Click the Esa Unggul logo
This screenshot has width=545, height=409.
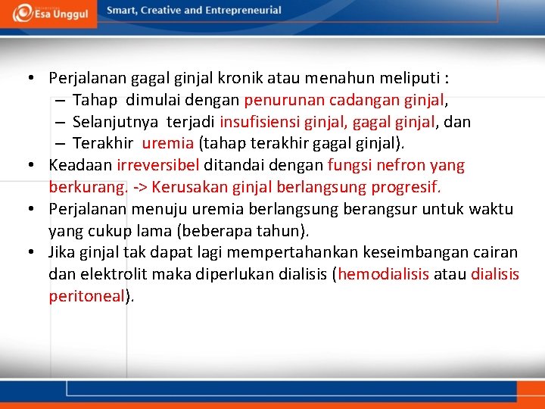tap(49, 13)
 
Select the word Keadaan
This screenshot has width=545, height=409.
tap(81, 165)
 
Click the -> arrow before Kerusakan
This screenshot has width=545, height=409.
tap(139, 187)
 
